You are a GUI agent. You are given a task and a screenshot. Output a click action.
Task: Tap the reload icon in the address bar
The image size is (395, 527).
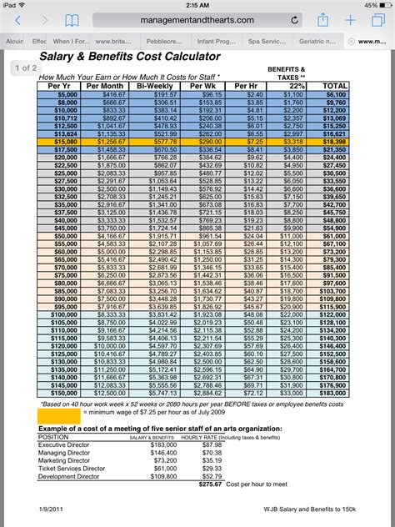(x=295, y=20)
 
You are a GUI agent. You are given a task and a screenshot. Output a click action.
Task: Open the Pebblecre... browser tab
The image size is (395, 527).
(x=168, y=40)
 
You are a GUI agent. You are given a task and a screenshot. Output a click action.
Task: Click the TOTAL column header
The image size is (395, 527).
(x=334, y=86)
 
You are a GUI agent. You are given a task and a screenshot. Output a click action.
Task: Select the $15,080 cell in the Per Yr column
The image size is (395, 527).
(x=66, y=143)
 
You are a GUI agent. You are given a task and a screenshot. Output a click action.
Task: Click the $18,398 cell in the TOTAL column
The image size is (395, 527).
(x=334, y=143)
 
